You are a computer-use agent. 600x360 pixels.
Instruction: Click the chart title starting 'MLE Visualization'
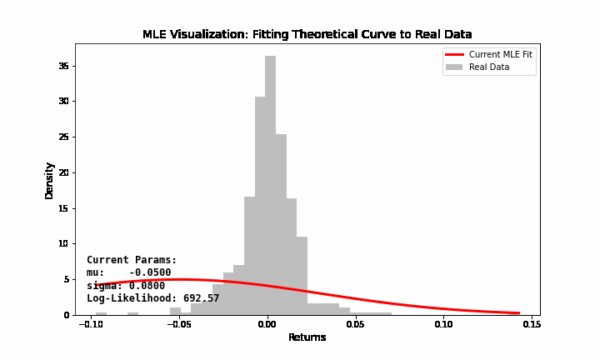coord(307,34)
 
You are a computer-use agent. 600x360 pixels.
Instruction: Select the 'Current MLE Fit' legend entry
coord(500,54)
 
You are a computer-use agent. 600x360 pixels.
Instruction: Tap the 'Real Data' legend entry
coord(489,67)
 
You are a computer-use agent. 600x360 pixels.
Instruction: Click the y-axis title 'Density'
coord(49,179)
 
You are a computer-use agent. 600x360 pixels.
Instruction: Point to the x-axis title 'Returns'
coord(307,337)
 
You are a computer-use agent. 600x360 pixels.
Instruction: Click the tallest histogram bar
coord(270,183)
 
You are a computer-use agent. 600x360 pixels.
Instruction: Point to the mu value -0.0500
coord(150,272)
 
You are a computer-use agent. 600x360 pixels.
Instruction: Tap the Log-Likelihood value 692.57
coord(201,298)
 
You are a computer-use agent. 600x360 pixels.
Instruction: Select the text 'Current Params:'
coord(132,260)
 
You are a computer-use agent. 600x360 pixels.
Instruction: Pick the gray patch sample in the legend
coord(454,67)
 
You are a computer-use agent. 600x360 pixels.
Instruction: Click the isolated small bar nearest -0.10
coord(101,313)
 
